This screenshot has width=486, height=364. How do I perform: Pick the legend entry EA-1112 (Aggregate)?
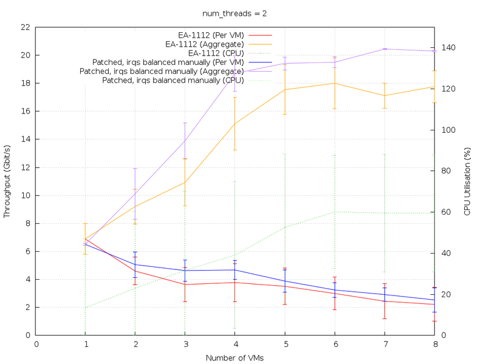(205, 44)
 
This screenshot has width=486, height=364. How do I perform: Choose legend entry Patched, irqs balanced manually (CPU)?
(173, 81)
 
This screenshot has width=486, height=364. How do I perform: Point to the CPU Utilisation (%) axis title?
(467, 181)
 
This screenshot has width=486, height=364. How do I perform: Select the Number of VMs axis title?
(234, 358)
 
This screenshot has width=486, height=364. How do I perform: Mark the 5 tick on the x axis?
(285, 343)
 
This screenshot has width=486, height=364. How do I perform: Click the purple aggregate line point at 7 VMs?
(385, 49)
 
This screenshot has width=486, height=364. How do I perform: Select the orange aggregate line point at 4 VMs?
(235, 123)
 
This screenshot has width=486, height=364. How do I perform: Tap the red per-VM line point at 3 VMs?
(185, 285)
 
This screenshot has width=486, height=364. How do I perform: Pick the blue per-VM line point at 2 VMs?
(135, 265)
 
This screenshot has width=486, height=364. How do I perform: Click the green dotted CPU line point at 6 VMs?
(335, 212)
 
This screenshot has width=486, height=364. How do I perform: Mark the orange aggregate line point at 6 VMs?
(335, 83)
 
